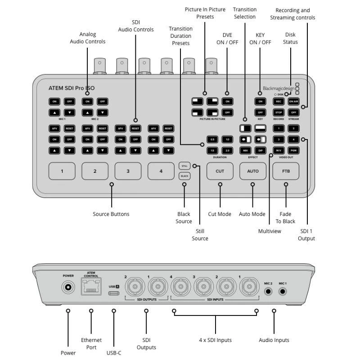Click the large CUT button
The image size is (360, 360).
(x=220, y=171)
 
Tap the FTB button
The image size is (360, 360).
(x=286, y=171)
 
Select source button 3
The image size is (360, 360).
(x=128, y=171)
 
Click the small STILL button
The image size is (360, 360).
(x=184, y=166)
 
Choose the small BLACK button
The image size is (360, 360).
(x=184, y=176)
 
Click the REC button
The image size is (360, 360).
(x=279, y=101)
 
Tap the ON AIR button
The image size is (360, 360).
(x=294, y=101)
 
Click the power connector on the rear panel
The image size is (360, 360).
(x=68, y=287)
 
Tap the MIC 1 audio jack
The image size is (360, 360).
(x=283, y=291)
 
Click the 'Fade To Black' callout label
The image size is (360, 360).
(x=286, y=218)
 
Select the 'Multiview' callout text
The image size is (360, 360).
(x=270, y=231)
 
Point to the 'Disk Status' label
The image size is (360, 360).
(x=291, y=38)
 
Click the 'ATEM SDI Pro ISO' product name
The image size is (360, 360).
(x=72, y=88)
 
